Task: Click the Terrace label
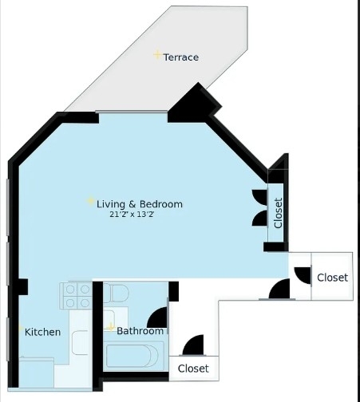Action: pyautogui.click(x=181, y=57)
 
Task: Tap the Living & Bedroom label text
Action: pyautogui.click(x=140, y=204)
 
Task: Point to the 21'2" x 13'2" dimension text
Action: pyautogui.click(x=132, y=215)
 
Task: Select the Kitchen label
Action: pyautogui.click(x=42, y=332)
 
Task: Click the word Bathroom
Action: pyautogui.click(x=140, y=331)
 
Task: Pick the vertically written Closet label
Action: pyautogui.click(x=278, y=213)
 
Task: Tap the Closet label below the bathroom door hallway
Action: pyautogui.click(x=193, y=368)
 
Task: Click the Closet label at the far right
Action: pyautogui.click(x=333, y=278)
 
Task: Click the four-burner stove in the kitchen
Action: pyautogui.click(x=76, y=295)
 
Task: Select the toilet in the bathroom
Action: pyautogui.click(x=116, y=294)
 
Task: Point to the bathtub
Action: pyautogui.click(x=132, y=356)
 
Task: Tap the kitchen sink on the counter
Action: pyautogui.click(x=80, y=343)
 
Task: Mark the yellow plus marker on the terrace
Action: pyautogui.click(x=157, y=55)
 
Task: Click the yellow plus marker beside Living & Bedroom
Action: pyautogui.click(x=90, y=201)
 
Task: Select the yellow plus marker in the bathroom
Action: pyautogui.click(x=111, y=327)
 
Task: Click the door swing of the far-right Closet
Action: pyautogui.click(x=303, y=275)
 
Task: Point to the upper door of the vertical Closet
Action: pyautogui.click(x=259, y=198)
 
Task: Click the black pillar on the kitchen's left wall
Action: pyautogui.click(x=22, y=287)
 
